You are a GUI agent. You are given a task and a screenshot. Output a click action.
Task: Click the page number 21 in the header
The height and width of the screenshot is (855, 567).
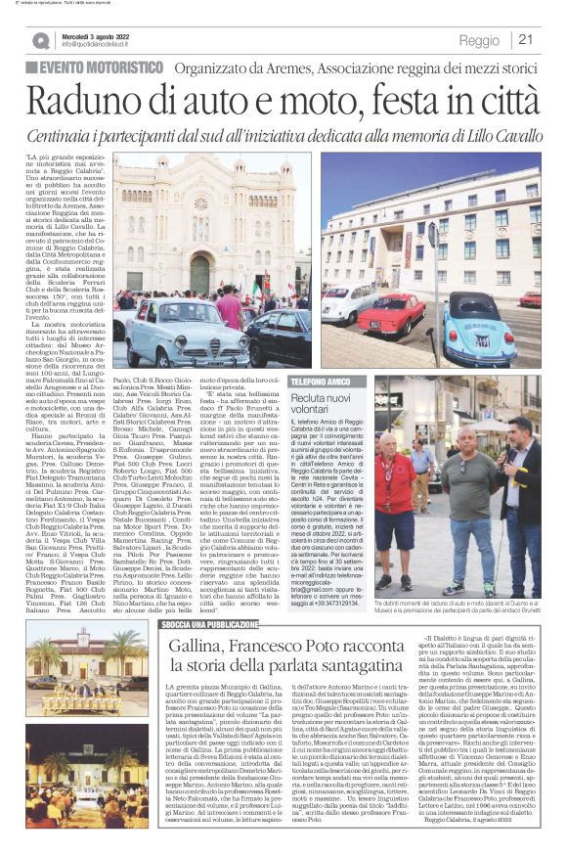526,40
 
